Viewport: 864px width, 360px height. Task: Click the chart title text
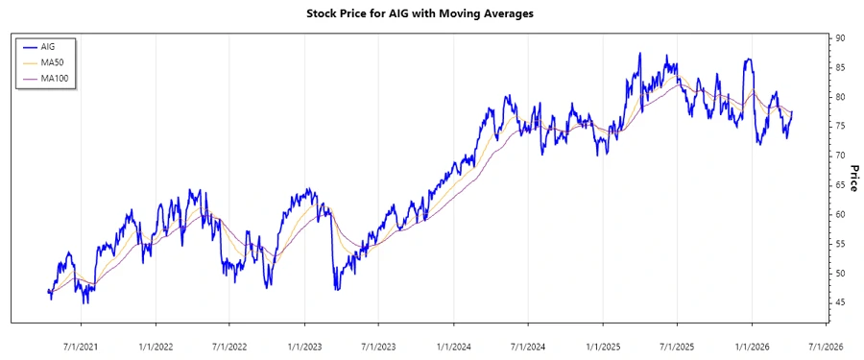pyautogui.click(x=432, y=14)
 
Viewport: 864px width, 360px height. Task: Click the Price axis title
pyautogui.click(x=853, y=178)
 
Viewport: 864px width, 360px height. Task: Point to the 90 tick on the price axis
pyautogui.click(x=839, y=38)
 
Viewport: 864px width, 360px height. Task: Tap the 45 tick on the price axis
pyautogui.click(x=839, y=302)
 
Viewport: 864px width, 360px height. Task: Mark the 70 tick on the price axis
pyautogui.click(x=839, y=156)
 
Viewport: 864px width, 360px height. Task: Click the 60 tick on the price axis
pyautogui.click(x=839, y=214)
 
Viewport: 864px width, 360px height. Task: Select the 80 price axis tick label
pyautogui.click(x=839, y=97)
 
